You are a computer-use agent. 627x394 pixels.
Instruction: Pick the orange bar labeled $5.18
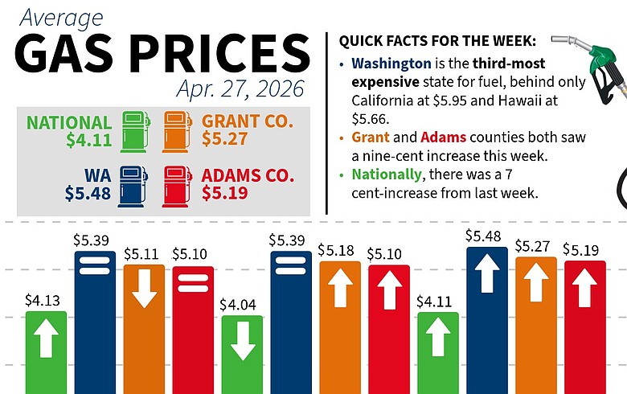point(340,326)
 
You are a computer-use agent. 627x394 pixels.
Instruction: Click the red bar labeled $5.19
point(584,326)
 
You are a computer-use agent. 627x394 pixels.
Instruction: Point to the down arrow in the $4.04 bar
point(242,342)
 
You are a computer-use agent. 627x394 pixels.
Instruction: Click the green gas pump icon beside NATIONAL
point(134,131)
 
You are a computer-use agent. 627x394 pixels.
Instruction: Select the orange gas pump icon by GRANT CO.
point(177,131)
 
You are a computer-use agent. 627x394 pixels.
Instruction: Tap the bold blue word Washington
point(387,62)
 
